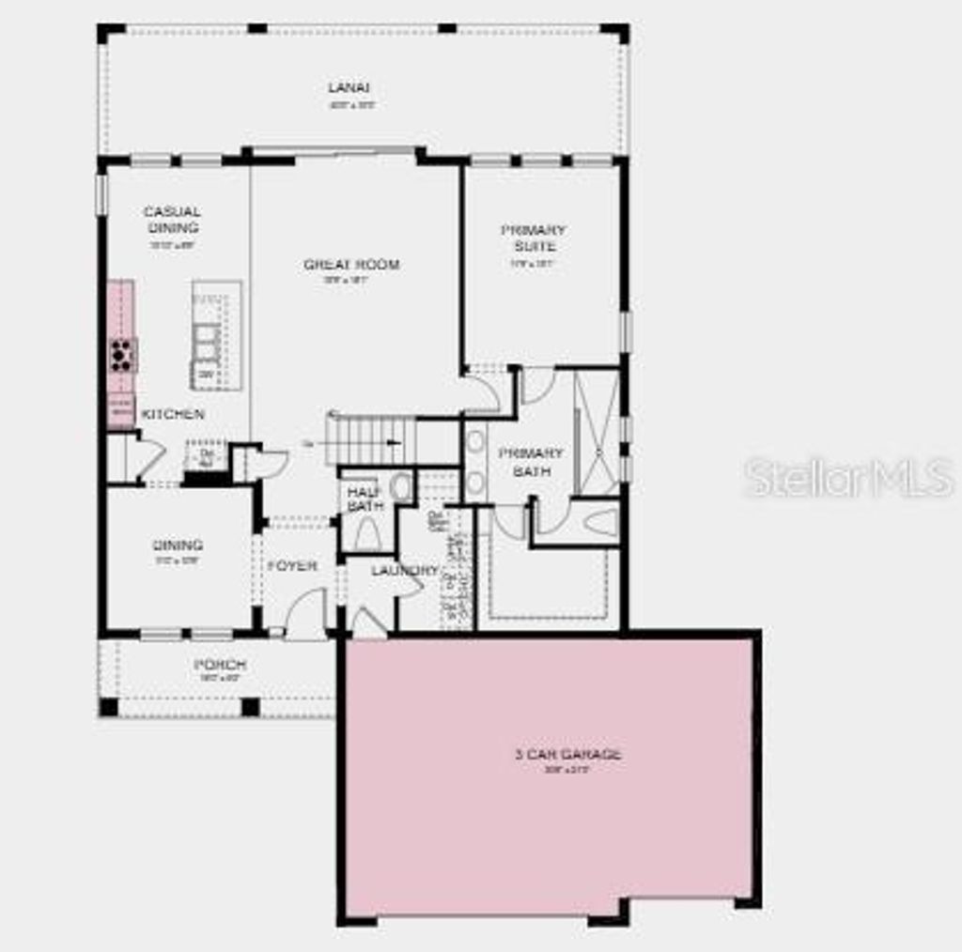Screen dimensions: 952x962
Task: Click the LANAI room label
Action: tap(343, 88)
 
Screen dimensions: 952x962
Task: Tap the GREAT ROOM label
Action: tap(351, 265)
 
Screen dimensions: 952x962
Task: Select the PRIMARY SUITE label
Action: tap(534, 238)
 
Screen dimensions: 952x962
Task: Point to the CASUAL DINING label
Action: tap(172, 220)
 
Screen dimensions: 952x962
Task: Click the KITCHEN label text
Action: tap(173, 414)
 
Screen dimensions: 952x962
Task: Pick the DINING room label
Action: tap(178, 545)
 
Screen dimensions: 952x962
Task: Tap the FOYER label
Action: tap(292, 566)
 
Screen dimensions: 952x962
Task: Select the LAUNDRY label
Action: tap(404, 570)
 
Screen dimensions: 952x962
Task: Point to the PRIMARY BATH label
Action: tap(525, 462)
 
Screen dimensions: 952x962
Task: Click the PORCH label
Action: tap(220, 665)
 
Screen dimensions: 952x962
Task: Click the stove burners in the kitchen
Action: tap(122, 355)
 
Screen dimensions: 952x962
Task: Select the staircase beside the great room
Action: tap(371, 440)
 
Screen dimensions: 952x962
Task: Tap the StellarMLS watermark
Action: tap(849, 478)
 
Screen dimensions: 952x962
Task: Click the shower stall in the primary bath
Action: tap(597, 432)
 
